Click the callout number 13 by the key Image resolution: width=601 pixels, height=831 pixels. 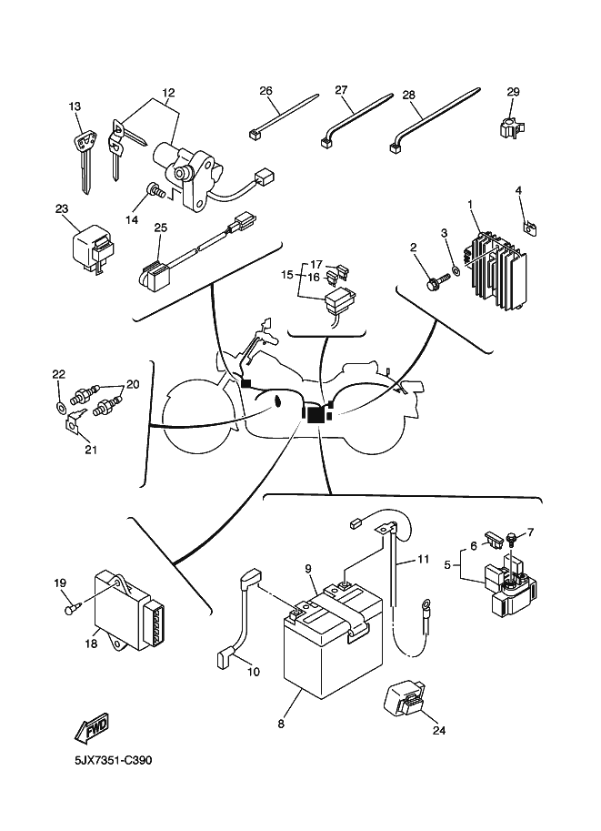pos(75,106)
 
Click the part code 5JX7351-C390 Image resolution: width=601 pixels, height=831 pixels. pos(100,759)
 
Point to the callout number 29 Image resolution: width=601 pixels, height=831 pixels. pos(513,92)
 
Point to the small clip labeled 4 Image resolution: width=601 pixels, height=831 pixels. pos(527,222)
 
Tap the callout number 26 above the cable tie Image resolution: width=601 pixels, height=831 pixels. pos(265,90)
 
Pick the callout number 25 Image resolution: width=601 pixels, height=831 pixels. pos(160,227)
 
